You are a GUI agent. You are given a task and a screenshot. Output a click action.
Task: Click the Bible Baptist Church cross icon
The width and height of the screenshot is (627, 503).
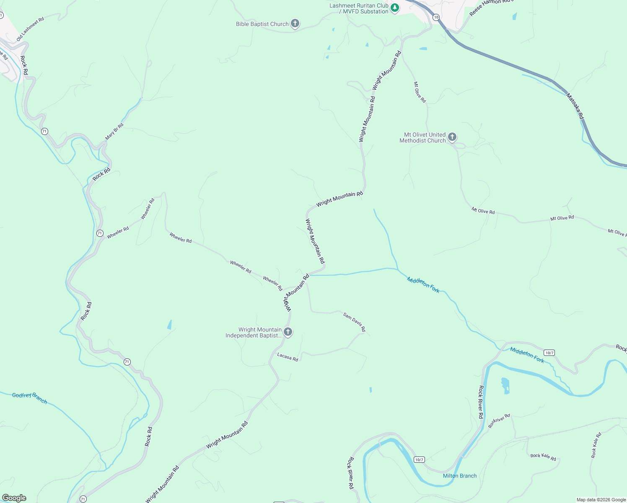coord(295,23)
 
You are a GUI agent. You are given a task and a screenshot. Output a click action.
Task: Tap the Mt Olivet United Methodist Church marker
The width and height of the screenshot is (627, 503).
coord(452,137)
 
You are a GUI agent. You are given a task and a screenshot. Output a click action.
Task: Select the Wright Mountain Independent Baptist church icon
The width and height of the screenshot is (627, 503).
coord(288,332)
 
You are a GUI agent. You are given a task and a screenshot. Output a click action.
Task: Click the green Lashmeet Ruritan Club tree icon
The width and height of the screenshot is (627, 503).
coord(394,8)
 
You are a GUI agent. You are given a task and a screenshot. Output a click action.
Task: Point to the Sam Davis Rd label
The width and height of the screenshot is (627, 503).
coord(354,322)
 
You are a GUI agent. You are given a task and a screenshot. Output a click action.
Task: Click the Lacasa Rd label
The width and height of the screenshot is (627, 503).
coord(288,357)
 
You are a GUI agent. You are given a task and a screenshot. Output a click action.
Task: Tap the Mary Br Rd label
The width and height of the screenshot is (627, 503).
coord(114,131)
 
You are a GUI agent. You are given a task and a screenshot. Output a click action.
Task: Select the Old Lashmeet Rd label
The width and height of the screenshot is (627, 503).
coord(30,29)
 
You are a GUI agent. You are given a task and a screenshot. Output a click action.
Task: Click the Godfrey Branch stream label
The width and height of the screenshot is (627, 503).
coord(29,397)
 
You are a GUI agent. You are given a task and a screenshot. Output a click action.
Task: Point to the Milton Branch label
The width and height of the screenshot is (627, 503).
coord(460,476)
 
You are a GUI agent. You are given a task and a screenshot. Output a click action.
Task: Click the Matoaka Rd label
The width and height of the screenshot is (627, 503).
coord(575,106)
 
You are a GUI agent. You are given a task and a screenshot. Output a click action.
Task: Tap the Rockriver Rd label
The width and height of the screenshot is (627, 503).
coord(499,420)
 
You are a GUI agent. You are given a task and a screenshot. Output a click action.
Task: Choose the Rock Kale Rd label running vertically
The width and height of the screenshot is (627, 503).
coord(596,445)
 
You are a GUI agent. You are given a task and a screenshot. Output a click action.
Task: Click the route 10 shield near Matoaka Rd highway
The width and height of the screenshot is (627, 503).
coord(436,17)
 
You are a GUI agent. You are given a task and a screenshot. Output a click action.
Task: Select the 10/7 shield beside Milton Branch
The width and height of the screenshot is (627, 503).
coord(419,459)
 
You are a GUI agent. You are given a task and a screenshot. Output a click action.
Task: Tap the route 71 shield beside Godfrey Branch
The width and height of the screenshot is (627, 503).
coord(127,362)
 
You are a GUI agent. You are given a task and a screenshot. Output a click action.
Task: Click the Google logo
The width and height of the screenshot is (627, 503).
coord(14,498)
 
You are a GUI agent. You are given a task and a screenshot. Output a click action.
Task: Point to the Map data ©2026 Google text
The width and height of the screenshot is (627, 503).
coord(601,500)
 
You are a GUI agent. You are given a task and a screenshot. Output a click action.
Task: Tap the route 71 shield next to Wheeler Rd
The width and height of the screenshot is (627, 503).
coord(100,233)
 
